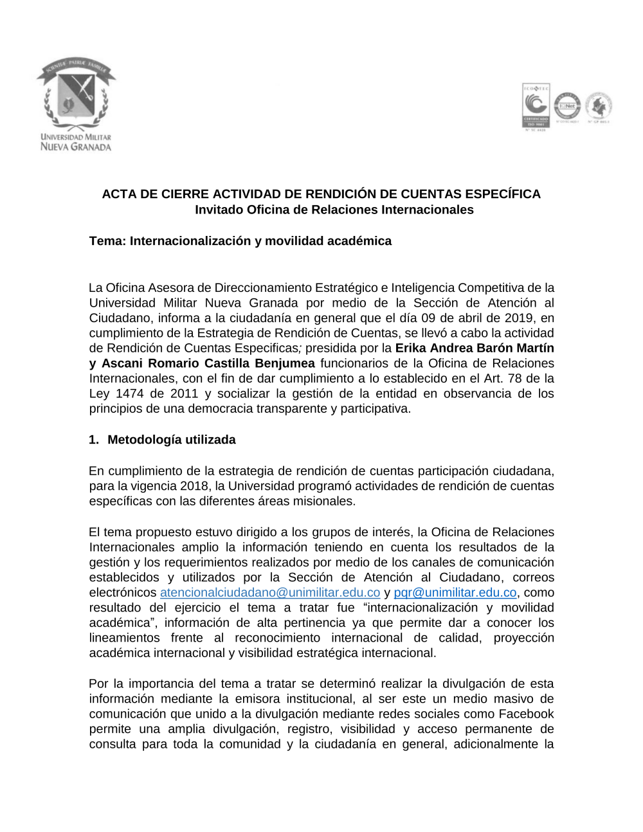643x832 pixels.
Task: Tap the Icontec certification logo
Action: coord(535,107)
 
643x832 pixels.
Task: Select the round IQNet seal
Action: coord(567,106)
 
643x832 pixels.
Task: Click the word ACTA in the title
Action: coord(119,194)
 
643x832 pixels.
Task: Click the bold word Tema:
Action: coord(107,241)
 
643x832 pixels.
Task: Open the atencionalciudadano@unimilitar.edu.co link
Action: coord(270,593)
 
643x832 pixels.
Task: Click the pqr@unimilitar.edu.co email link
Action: coord(455,593)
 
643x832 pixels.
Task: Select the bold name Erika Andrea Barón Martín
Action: coord(475,348)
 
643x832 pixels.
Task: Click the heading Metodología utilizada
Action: coord(172,440)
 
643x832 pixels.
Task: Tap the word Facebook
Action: coord(526,714)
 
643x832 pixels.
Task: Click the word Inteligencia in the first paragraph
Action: coord(425,288)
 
